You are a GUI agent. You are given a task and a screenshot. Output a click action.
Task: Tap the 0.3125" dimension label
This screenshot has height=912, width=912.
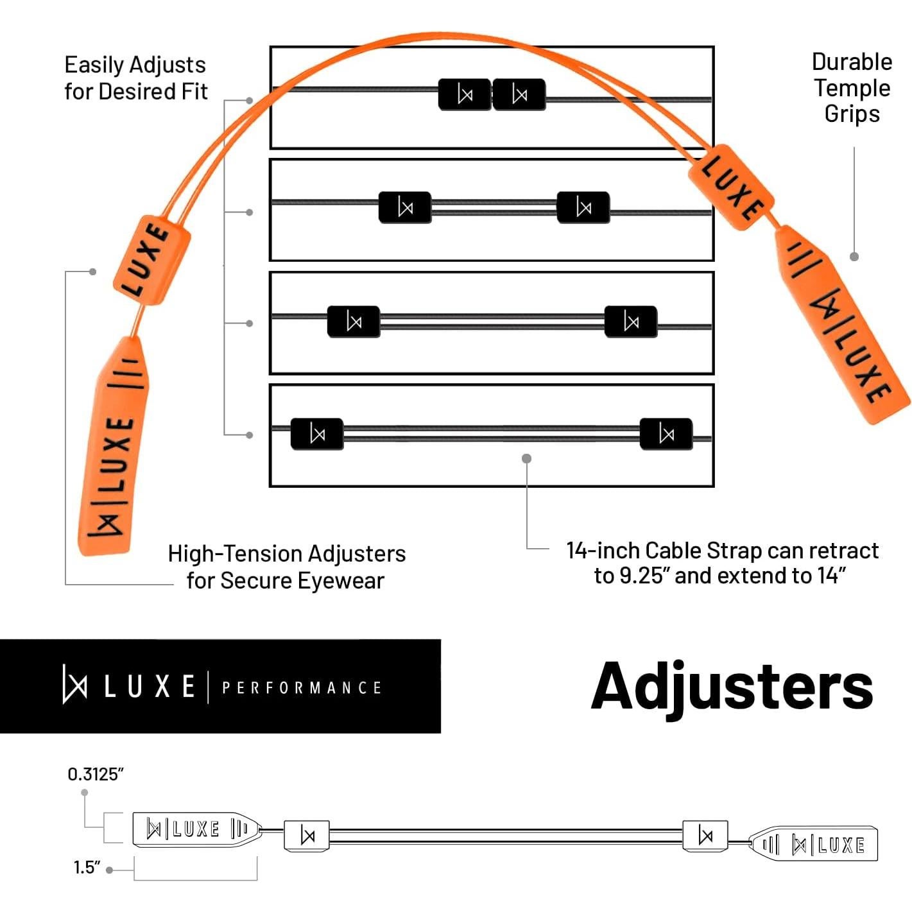point(95,774)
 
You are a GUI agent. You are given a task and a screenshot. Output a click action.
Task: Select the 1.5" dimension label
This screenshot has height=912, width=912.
point(87,868)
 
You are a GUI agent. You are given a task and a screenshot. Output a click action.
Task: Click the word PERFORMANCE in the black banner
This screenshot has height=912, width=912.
point(302,688)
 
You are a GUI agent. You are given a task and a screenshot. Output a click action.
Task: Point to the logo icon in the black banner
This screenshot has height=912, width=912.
point(74,685)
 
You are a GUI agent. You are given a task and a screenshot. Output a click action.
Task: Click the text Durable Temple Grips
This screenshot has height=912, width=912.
point(852,88)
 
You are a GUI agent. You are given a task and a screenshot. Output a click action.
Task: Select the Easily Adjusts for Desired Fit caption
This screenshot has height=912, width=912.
point(135,78)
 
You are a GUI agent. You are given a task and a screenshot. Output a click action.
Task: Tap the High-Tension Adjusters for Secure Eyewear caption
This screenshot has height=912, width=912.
point(286,567)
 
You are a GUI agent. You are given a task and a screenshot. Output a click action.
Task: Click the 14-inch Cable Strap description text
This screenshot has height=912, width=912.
point(722,563)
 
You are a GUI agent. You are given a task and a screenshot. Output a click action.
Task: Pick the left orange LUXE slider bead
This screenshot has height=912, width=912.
point(151,259)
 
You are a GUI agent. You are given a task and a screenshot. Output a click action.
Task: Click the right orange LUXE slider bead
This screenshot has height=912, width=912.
point(731,184)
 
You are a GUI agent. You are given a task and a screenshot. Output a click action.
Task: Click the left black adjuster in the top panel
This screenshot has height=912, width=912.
point(465,95)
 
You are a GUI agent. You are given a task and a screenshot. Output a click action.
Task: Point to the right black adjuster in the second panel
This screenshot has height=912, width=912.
point(583,207)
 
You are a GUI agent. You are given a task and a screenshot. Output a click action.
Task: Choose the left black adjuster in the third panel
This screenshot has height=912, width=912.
point(354,322)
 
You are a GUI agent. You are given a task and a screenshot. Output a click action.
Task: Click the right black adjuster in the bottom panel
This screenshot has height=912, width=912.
point(666,434)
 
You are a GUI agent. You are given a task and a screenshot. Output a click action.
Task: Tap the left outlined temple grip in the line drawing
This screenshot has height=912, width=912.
point(196,829)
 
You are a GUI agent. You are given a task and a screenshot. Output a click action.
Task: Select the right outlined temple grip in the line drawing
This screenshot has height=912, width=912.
point(814,844)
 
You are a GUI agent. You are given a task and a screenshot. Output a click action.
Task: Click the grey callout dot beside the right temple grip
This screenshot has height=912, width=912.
point(854,257)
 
